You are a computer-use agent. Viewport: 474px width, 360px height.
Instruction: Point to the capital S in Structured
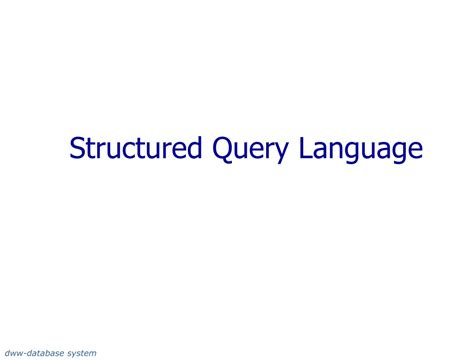[x=77, y=149]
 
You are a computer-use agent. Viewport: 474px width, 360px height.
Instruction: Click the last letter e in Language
[x=415, y=152]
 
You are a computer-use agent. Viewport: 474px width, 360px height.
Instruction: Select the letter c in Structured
[x=126, y=152]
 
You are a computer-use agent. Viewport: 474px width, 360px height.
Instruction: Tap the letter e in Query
[x=239, y=152]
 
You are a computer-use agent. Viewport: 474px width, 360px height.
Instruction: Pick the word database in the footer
[x=43, y=352]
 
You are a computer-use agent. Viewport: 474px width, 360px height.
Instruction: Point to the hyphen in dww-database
[x=24, y=352]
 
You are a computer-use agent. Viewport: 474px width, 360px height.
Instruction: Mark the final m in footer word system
[x=92, y=352]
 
